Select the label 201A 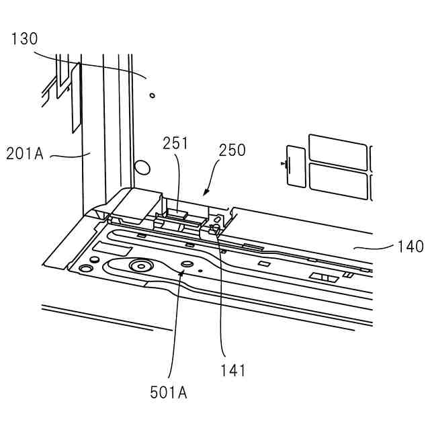pyautogui.click(x=25, y=153)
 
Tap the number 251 pyautogui.click(x=175, y=142)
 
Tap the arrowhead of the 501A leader pyautogui.click(x=181, y=269)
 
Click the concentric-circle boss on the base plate pyautogui.click(x=142, y=265)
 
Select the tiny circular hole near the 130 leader pyautogui.click(x=152, y=95)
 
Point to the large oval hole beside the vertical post pyautogui.click(x=141, y=166)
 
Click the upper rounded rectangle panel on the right pyautogui.click(x=338, y=152)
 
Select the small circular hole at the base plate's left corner pyautogui.click(x=85, y=268)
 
